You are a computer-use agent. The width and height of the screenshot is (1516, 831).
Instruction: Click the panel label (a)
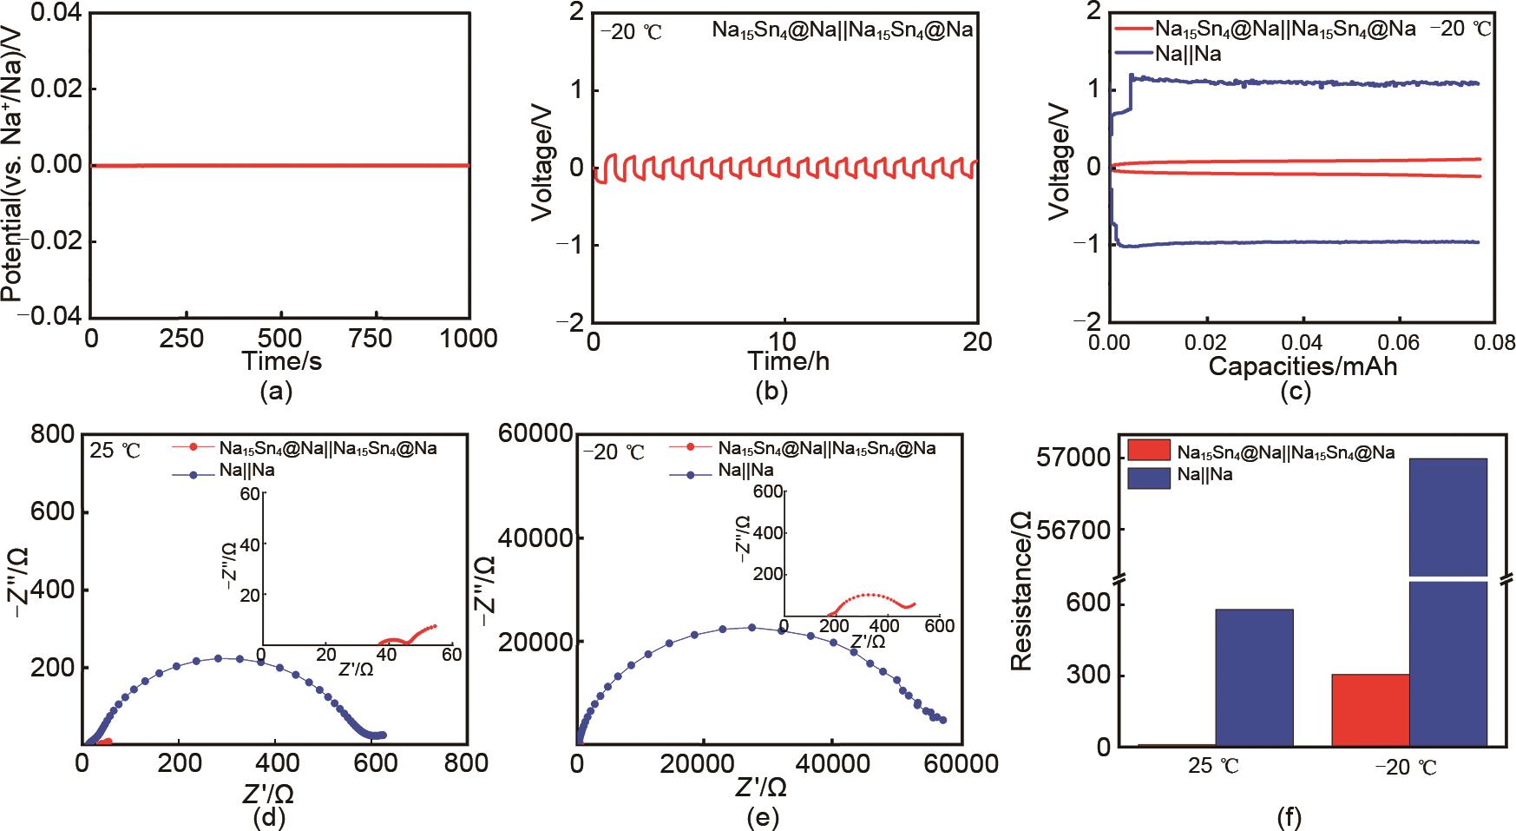click(x=276, y=392)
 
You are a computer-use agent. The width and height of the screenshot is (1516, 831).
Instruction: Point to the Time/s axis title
click(x=281, y=361)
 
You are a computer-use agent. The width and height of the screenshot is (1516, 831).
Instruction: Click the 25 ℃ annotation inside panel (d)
click(x=117, y=450)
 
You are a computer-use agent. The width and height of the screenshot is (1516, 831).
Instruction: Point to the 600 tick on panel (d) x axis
click(x=371, y=762)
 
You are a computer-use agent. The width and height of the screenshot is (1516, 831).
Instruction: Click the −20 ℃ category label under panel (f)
click(x=1407, y=769)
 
